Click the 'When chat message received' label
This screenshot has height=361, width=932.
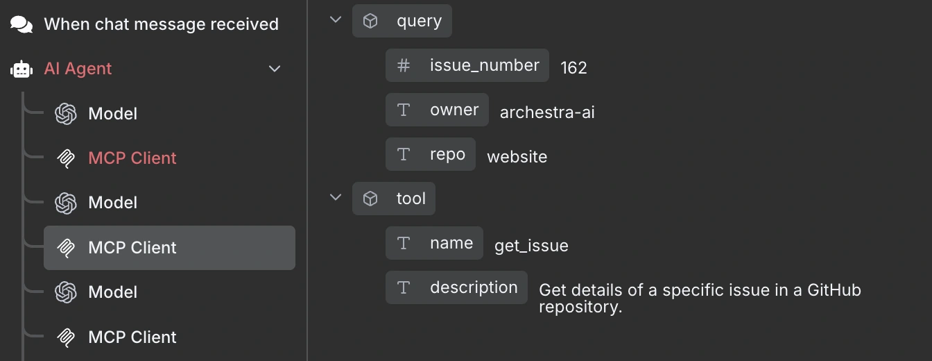pos(161,24)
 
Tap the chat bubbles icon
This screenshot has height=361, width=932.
pos(21,24)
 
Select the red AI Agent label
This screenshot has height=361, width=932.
pos(78,68)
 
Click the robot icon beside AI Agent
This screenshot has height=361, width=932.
pos(21,69)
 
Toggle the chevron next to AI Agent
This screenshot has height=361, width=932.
pos(274,69)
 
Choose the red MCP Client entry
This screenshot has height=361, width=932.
pos(132,158)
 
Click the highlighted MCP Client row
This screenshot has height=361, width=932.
pos(169,248)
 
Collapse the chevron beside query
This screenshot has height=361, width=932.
pos(336,19)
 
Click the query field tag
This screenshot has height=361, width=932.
pos(402,21)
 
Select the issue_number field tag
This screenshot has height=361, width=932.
pos(467,65)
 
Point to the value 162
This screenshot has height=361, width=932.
pos(573,67)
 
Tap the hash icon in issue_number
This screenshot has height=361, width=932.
pos(403,65)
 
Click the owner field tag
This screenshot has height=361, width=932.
pos(437,110)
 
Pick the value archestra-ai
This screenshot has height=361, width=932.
pos(547,112)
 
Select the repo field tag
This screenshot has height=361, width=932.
pos(430,154)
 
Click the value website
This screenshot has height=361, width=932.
pos(517,157)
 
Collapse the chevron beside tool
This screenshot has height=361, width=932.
pos(336,197)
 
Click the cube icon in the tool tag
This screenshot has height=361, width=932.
pos(370,199)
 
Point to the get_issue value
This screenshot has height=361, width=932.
pos(531,246)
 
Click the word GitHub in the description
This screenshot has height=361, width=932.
pos(834,290)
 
